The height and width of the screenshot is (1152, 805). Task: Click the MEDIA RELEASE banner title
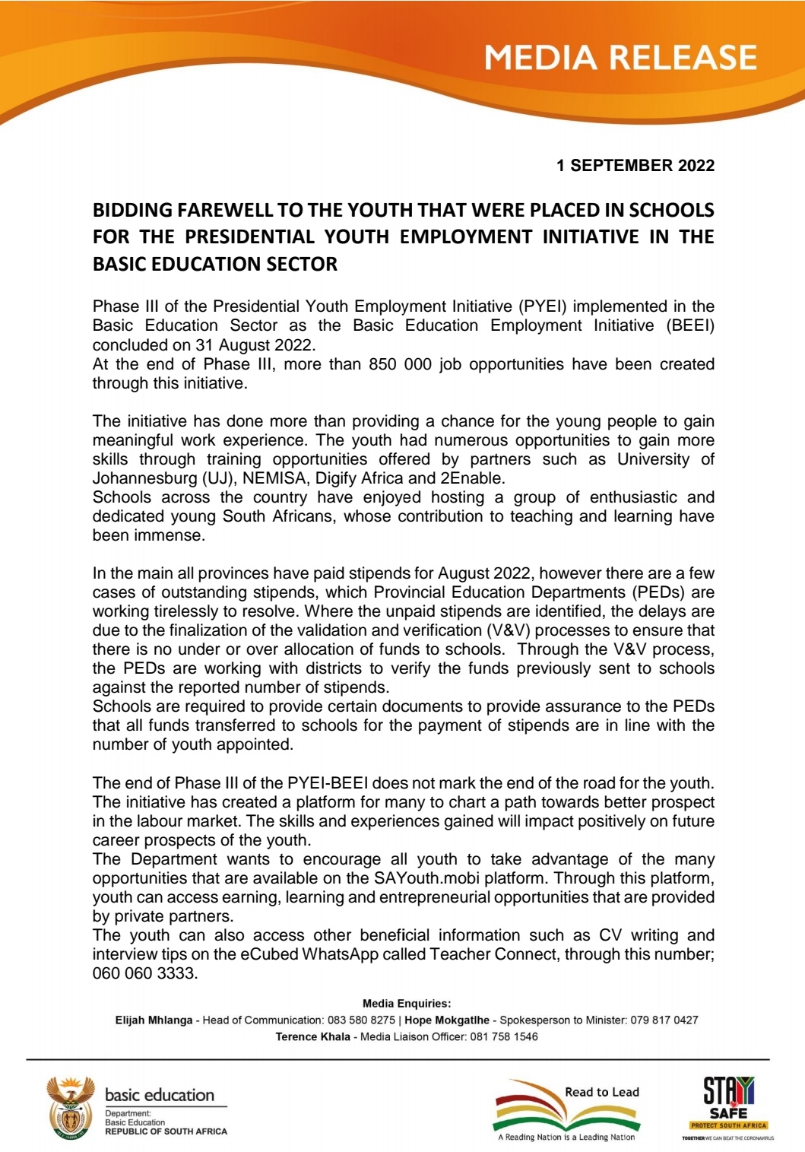point(620,59)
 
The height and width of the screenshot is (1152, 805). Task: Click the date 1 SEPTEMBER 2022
point(635,165)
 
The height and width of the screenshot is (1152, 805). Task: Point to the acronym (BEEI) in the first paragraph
point(690,325)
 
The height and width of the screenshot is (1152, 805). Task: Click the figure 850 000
point(400,364)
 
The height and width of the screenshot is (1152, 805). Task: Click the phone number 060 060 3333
point(144,973)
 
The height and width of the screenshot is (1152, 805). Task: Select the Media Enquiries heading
point(407,1004)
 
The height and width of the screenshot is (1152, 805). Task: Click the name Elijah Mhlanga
point(154,1020)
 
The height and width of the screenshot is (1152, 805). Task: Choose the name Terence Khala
point(312,1037)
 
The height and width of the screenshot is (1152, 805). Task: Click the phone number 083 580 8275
point(361,1020)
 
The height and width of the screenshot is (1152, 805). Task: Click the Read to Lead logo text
point(602,1092)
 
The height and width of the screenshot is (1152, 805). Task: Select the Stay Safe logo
point(728,1106)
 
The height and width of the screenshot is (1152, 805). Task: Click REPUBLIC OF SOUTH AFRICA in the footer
point(166,1131)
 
